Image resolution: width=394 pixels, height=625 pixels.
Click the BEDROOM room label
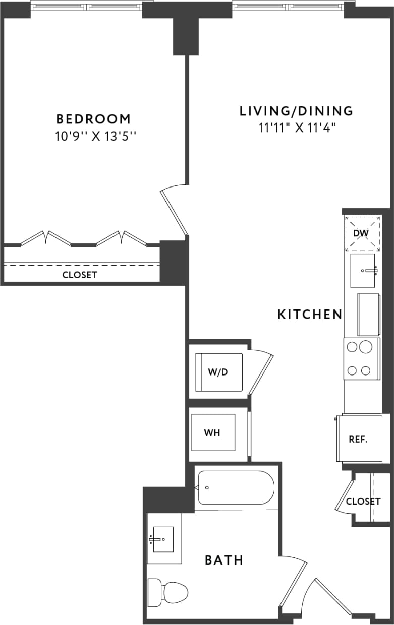(x=93, y=119)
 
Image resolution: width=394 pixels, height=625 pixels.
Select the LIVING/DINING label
(x=296, y=111)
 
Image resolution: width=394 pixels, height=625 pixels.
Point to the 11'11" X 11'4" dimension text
(x=297, y=128)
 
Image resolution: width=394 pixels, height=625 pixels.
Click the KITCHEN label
(x=310, y=315)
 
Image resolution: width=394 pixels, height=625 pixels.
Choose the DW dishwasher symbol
(x=362, y=233)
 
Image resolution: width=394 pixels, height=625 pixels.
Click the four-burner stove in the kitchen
(x=361, y=358)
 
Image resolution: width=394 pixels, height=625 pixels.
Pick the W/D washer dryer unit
(x=218, y=372)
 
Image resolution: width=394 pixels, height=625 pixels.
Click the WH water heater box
(x=212, y=433)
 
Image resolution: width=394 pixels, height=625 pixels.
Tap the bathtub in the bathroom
(x=236, y=487)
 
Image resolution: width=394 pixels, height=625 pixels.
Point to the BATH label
(x=224, y=560)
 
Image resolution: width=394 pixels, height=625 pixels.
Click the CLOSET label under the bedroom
(x=80, y=275)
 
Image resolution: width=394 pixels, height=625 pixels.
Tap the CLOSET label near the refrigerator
(x=363, y=502)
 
